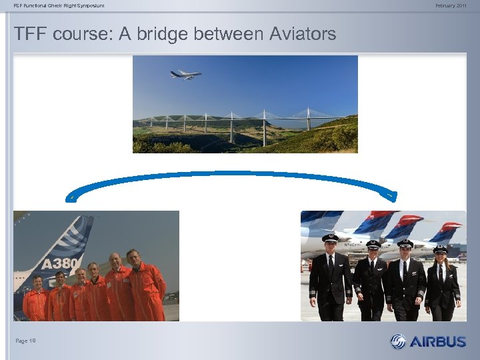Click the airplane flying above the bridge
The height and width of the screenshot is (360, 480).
(x=185, y=75)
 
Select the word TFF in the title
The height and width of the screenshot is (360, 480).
(x=31, y=34)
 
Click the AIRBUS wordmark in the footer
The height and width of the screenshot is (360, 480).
(x=437, y=341)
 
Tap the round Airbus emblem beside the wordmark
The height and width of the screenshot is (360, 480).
(x=398, y=341)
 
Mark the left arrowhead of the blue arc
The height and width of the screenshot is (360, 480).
(x=71, y=197)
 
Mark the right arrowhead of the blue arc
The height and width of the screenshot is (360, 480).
(x=392, y=195)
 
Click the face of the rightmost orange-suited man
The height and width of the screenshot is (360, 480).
(x=133, y=257)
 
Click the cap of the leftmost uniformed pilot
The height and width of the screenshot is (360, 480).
(x=330, y=237)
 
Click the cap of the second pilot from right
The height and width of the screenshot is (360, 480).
(x=405, y=243)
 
